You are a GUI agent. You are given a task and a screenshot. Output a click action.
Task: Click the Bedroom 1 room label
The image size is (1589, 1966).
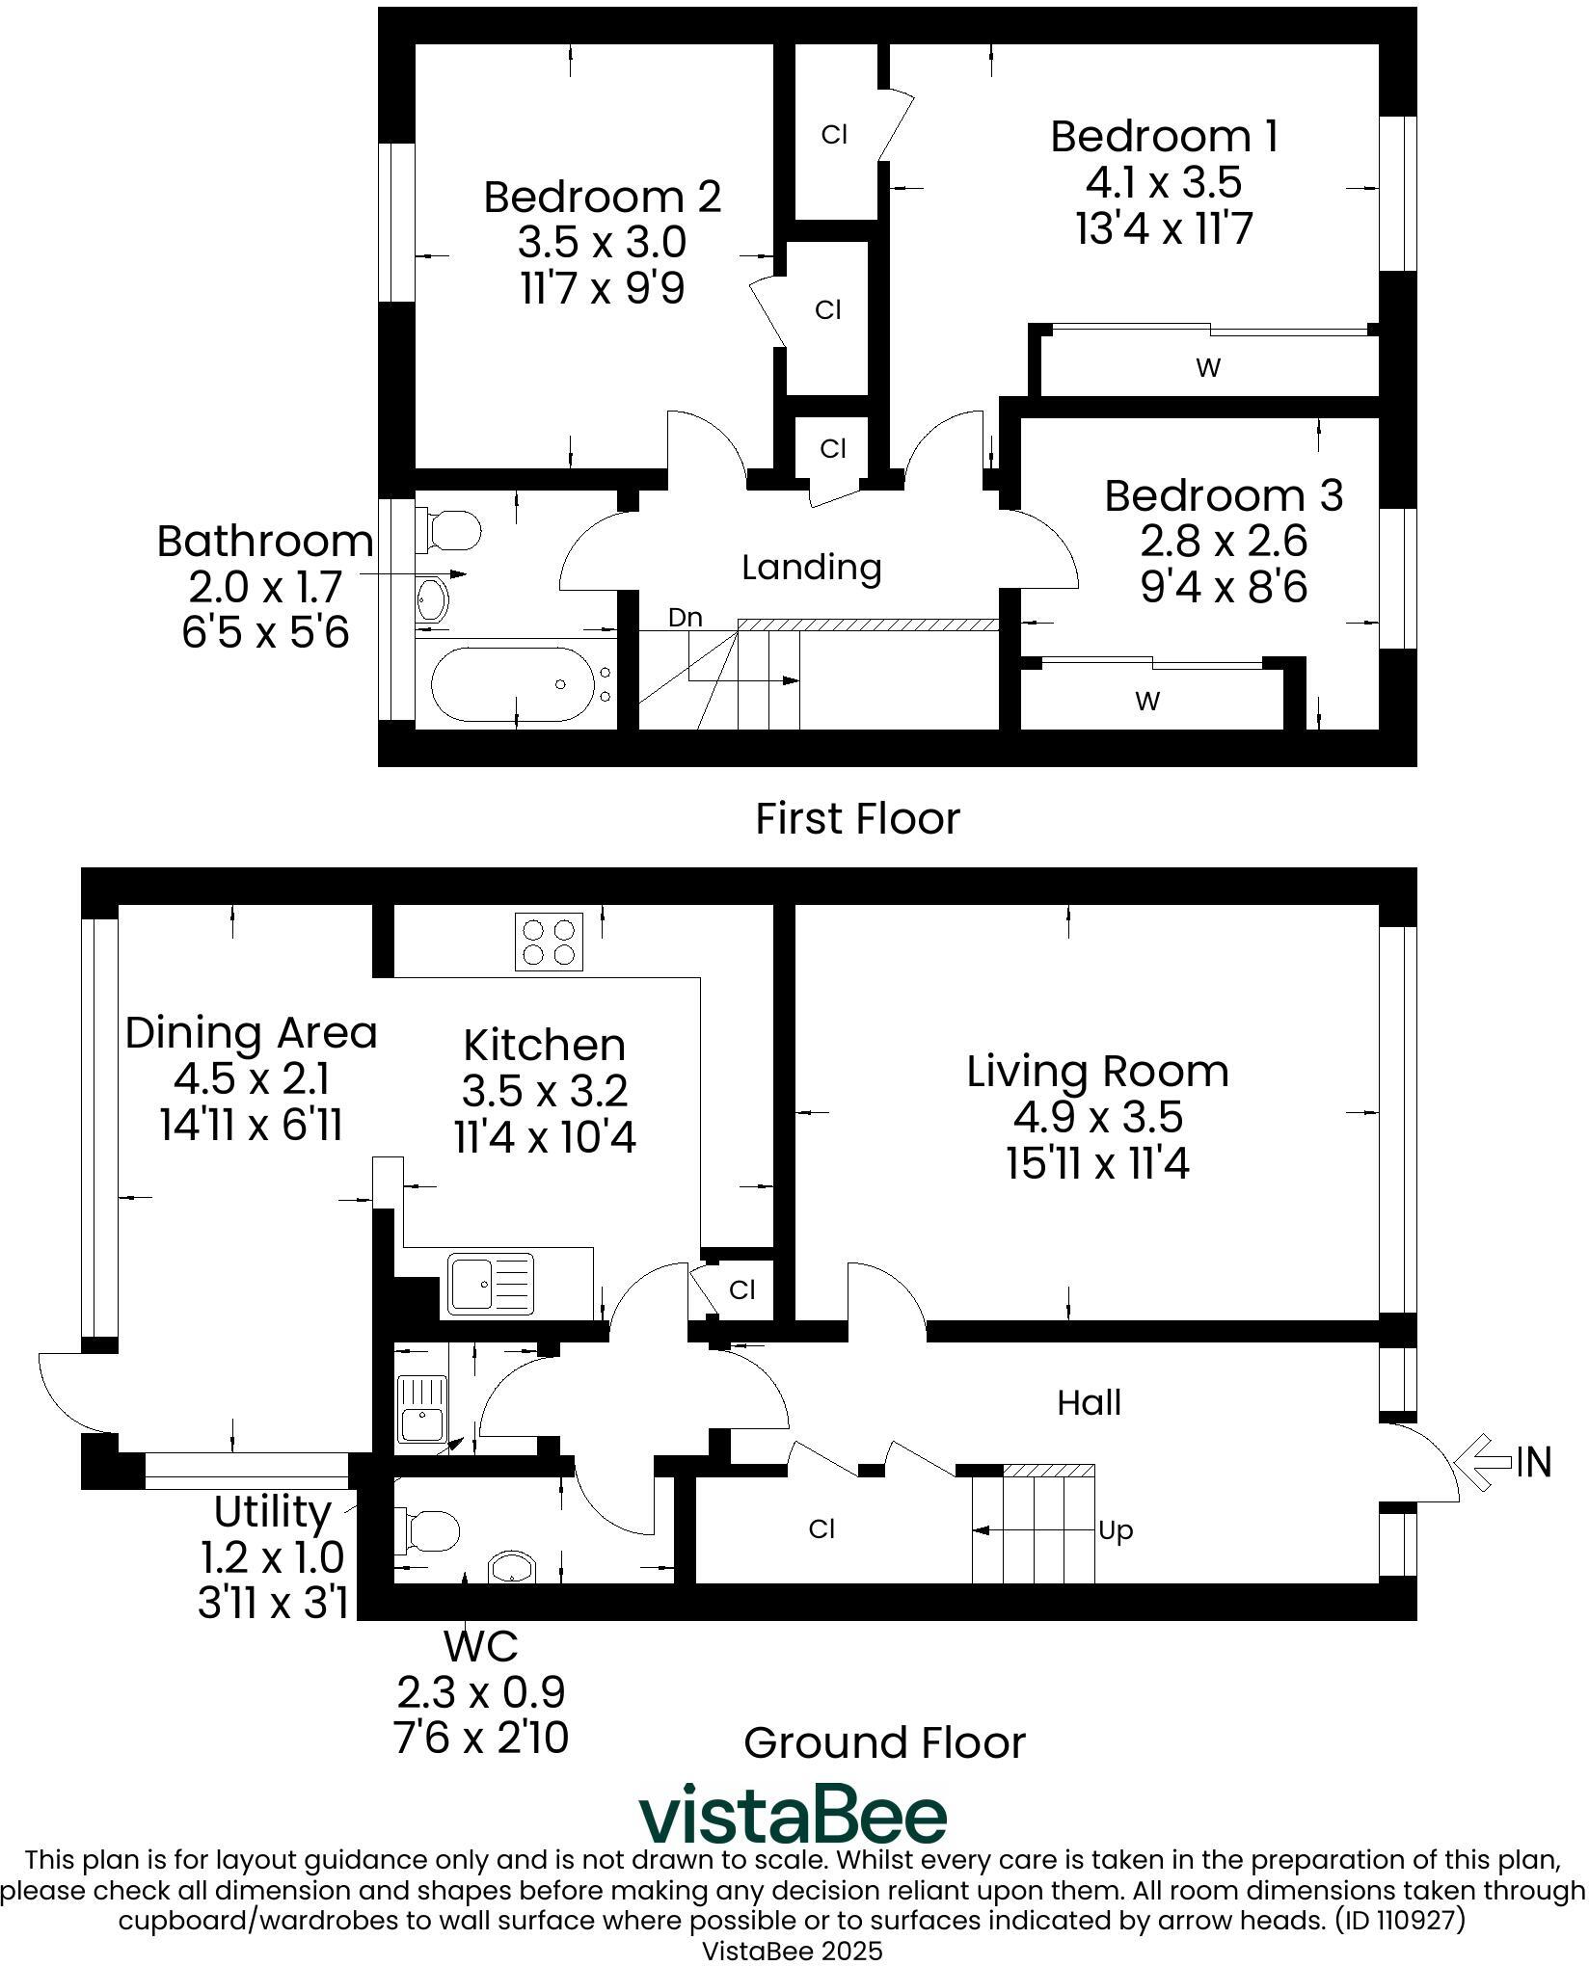coord(1164,137)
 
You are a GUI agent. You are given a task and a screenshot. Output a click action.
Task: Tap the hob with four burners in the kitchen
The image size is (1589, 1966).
coord(550,941)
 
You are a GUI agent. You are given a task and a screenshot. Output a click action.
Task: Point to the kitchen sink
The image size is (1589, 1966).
coord(490,1285)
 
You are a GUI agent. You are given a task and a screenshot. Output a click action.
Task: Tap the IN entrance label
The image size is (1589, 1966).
coord(1534,1462)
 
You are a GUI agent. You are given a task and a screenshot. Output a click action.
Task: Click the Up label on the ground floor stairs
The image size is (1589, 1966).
coord(1116,1530)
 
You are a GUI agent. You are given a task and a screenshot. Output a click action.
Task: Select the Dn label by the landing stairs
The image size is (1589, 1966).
coord(686,617)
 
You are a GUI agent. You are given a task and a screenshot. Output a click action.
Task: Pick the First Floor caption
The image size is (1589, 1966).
coord(857,818)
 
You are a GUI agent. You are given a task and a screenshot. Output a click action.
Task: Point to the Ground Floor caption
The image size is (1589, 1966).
coord(884,1742)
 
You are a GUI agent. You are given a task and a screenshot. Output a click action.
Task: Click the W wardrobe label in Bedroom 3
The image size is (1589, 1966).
coord(1147,702)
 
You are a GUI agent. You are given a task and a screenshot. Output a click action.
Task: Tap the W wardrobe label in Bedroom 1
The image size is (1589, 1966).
coord(1208,367)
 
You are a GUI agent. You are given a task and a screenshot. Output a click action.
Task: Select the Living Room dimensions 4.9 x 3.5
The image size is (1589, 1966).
coord(1097,1117)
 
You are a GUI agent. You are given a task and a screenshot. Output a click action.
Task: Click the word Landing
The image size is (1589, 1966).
coord(812,568)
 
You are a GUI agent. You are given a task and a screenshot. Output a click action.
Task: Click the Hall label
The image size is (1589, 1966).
coord(1090,1403)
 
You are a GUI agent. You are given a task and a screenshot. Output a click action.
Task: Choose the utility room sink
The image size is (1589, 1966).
coord(422,1408)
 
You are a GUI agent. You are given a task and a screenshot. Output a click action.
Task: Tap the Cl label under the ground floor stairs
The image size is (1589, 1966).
coord(821,1529)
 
